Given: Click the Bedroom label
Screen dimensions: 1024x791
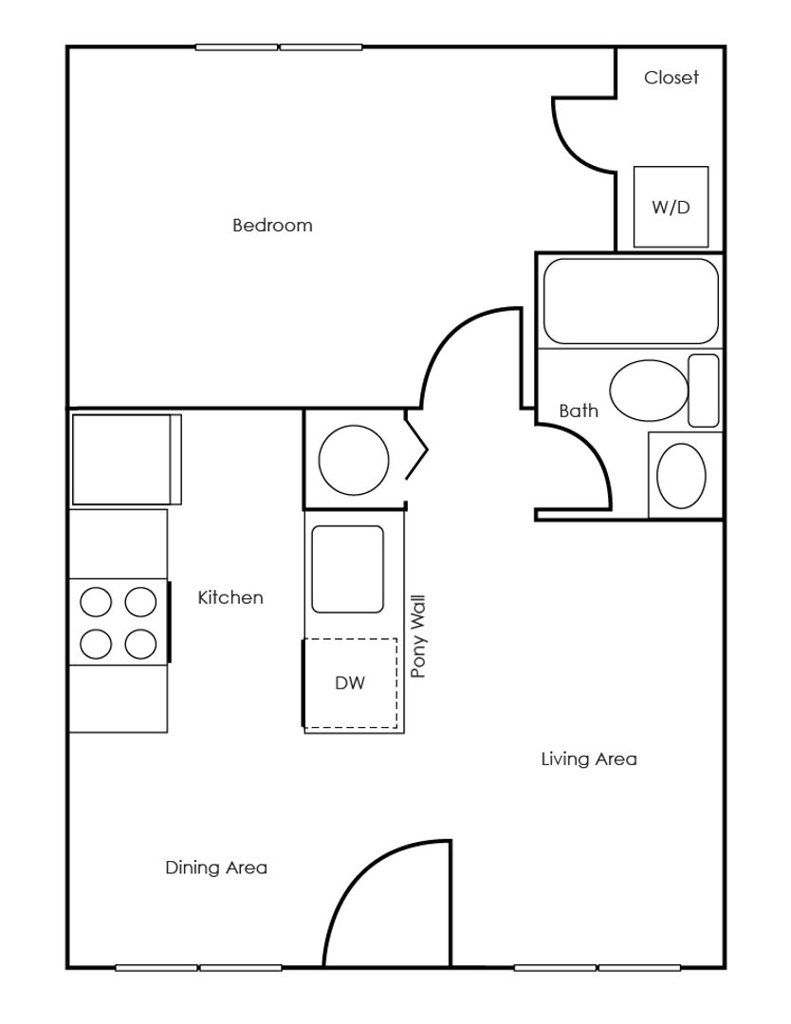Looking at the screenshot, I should coord(272,226).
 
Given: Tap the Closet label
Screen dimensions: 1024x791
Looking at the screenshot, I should coord(671,78).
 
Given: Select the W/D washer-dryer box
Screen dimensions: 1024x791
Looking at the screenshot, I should coord(671,207).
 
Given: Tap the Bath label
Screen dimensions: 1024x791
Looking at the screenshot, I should coord(578,411).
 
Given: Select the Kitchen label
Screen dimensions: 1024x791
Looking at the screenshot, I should coord(230,598).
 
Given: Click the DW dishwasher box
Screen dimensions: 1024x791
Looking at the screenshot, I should coord(350,683).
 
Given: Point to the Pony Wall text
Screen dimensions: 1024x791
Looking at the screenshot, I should coord(417,636).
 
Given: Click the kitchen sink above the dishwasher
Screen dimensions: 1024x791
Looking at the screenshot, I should coord(348,568).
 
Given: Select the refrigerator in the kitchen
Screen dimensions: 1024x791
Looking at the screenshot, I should coord(123,459).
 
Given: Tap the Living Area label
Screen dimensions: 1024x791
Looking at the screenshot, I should coord(588,759).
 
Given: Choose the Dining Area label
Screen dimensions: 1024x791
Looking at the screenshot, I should coord(216,868).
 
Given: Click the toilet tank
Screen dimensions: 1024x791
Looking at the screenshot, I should coord(703,390).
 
